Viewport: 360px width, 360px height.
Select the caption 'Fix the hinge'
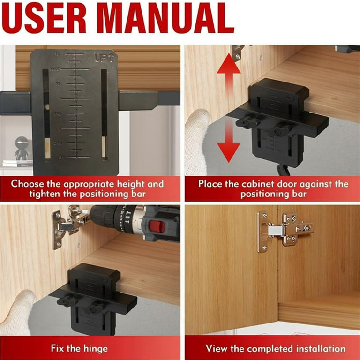pyautogui.click(x=79, y=348)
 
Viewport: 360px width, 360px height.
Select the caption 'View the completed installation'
pyautogui.click(x=275, y=348)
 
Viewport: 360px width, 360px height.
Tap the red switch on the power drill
pyautogui.click(x=157, y=227)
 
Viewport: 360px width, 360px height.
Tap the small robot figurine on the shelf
pyautogui.click(x=21, y=147)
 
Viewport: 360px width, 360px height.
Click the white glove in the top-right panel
pyautogui.click(x=196, y=141)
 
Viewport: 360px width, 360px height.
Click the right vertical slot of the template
pyautogui.click(x=104, y=112)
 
